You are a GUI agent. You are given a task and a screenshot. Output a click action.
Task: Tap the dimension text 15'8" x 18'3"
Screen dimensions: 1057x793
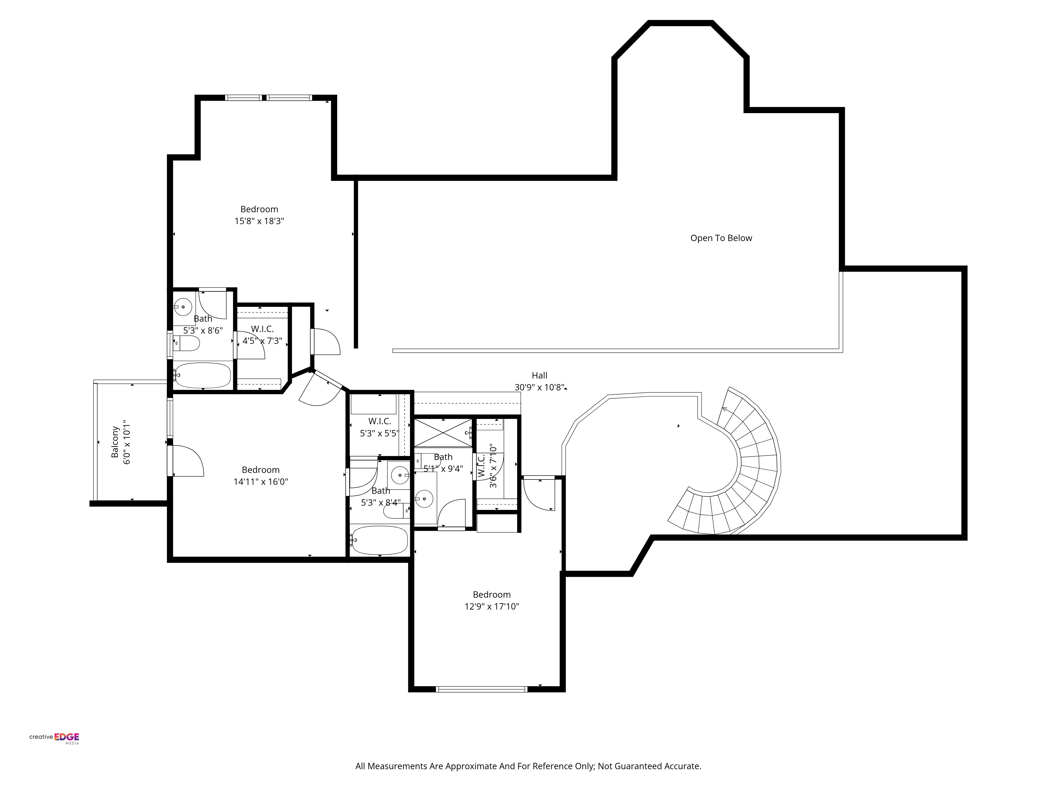pos(259,221)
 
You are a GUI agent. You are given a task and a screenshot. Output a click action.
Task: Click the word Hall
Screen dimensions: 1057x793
pos(540,375)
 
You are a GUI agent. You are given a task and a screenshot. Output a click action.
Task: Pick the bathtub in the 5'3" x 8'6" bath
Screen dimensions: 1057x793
pos(203,375)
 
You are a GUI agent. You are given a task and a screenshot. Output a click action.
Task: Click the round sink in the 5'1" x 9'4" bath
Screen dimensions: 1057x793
pos(424,499)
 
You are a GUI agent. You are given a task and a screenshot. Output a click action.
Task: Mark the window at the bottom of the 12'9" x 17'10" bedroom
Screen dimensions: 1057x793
pos(482,689)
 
